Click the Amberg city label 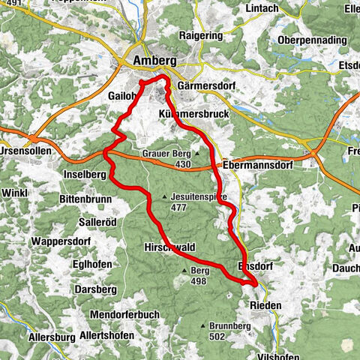click(x=155, y=60)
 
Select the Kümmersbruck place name click(x=193, y=112)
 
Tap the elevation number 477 click(x=178, y=207)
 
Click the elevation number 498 click(x=198, y=281)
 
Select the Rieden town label click(x=263, y=305)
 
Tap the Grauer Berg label click(x=165, y=153)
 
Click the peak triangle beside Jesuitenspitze click(x=165, y=197)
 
